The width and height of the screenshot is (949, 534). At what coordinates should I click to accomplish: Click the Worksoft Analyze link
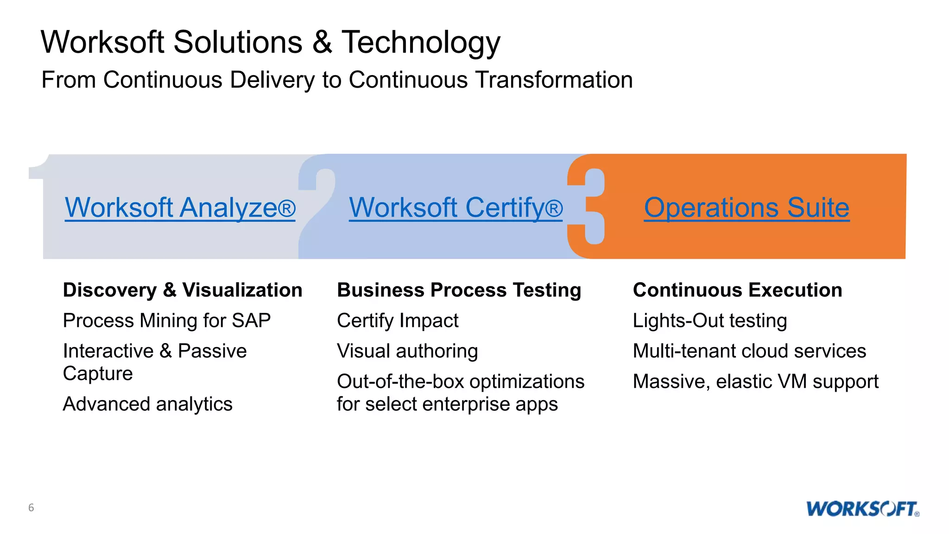point(180,208)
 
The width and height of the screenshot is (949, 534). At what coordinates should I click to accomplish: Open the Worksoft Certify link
point(456,208)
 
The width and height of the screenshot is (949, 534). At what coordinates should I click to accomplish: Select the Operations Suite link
point(747,208)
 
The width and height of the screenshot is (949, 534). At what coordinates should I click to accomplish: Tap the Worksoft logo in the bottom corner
point(862,509)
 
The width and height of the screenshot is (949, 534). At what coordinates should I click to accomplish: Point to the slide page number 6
point(31,508)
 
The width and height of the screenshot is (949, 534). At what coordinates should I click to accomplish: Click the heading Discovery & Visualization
point(183,290)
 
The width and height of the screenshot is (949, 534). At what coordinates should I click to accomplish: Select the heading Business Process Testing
point(459,290)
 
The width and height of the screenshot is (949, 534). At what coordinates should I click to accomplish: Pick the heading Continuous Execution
point(737,290)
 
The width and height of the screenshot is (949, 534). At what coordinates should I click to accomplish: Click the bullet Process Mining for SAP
point(167,321)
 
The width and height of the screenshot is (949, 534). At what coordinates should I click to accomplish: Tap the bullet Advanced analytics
point(147,404)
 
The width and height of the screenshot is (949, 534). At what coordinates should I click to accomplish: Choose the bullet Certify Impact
point(398,321)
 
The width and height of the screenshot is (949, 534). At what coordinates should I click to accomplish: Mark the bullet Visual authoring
point(407,351)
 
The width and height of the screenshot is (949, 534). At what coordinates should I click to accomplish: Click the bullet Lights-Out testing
point(710,321)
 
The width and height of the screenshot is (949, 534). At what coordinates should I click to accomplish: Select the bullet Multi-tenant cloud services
point(749,351)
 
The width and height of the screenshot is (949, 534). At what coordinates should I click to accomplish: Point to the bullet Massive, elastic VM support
point(755,382)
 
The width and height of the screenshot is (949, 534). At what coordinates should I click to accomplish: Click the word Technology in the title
point(421,43)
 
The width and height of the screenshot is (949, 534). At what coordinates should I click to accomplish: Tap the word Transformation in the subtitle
point(554,80)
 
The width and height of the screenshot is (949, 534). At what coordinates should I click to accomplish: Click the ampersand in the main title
point(322,43)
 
